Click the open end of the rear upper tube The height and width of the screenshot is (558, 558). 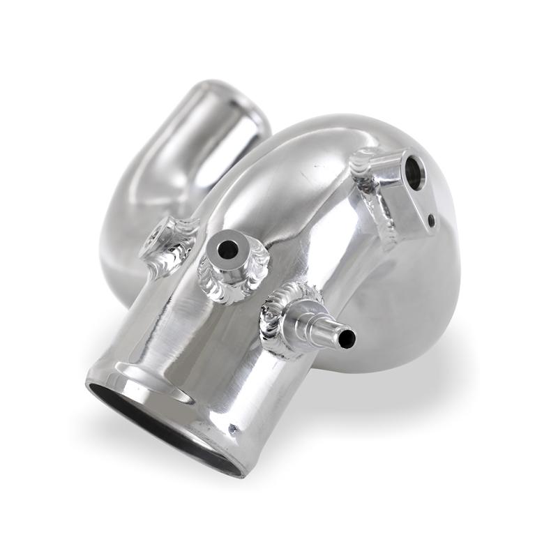click(230, 105)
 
